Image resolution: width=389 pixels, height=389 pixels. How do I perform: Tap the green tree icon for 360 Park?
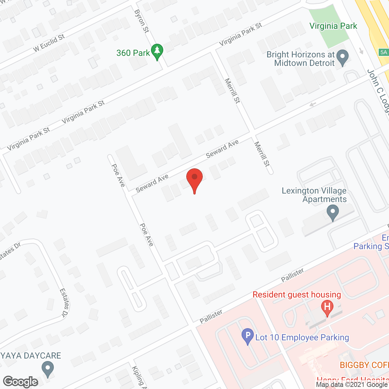[x=157, y=51]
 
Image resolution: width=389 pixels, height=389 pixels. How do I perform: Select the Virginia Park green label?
[x=333, y=26]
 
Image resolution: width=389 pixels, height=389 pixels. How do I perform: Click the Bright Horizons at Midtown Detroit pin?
[x=343, y=57]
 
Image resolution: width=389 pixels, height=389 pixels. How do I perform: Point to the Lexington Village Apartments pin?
[x=333, y=212]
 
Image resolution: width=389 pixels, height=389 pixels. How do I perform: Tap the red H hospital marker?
[x=327, y=307]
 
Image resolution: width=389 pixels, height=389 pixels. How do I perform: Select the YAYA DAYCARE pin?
[x=47, y=369]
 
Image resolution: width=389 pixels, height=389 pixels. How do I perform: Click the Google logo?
[x=21, y=382]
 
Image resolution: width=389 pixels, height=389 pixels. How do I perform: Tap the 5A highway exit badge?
[x=384, y=52]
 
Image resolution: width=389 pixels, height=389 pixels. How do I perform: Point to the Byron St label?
[x=142, y=21]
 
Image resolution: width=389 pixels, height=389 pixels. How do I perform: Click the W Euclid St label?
[x=49, y=43]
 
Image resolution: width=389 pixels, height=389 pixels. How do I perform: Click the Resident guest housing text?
[x=297, y=295]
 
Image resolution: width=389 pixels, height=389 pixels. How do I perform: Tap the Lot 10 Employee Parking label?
[x=302, y=338]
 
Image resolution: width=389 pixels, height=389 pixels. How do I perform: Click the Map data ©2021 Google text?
[x=352, y=385]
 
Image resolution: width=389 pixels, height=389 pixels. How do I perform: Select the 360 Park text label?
[x=133, y=53]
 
